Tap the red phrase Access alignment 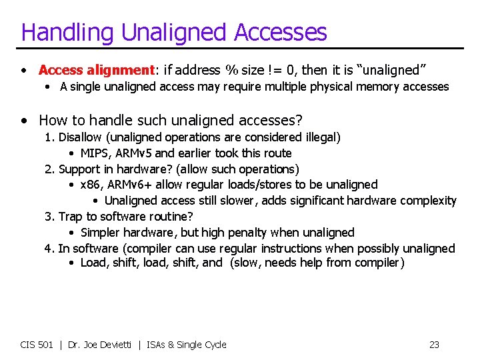[x=97, y=70]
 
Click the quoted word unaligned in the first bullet [x=394, y=70]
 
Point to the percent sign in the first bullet [x=231, y=70]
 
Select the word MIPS [x=95, y=153]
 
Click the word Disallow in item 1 [x=79, y=137]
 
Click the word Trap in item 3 [x=71, y=217]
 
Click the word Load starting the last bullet [x=93, y=263]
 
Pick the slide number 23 [x=434, y=345]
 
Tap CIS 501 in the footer [x=36, y=345]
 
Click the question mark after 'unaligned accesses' [x=299, y=121]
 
